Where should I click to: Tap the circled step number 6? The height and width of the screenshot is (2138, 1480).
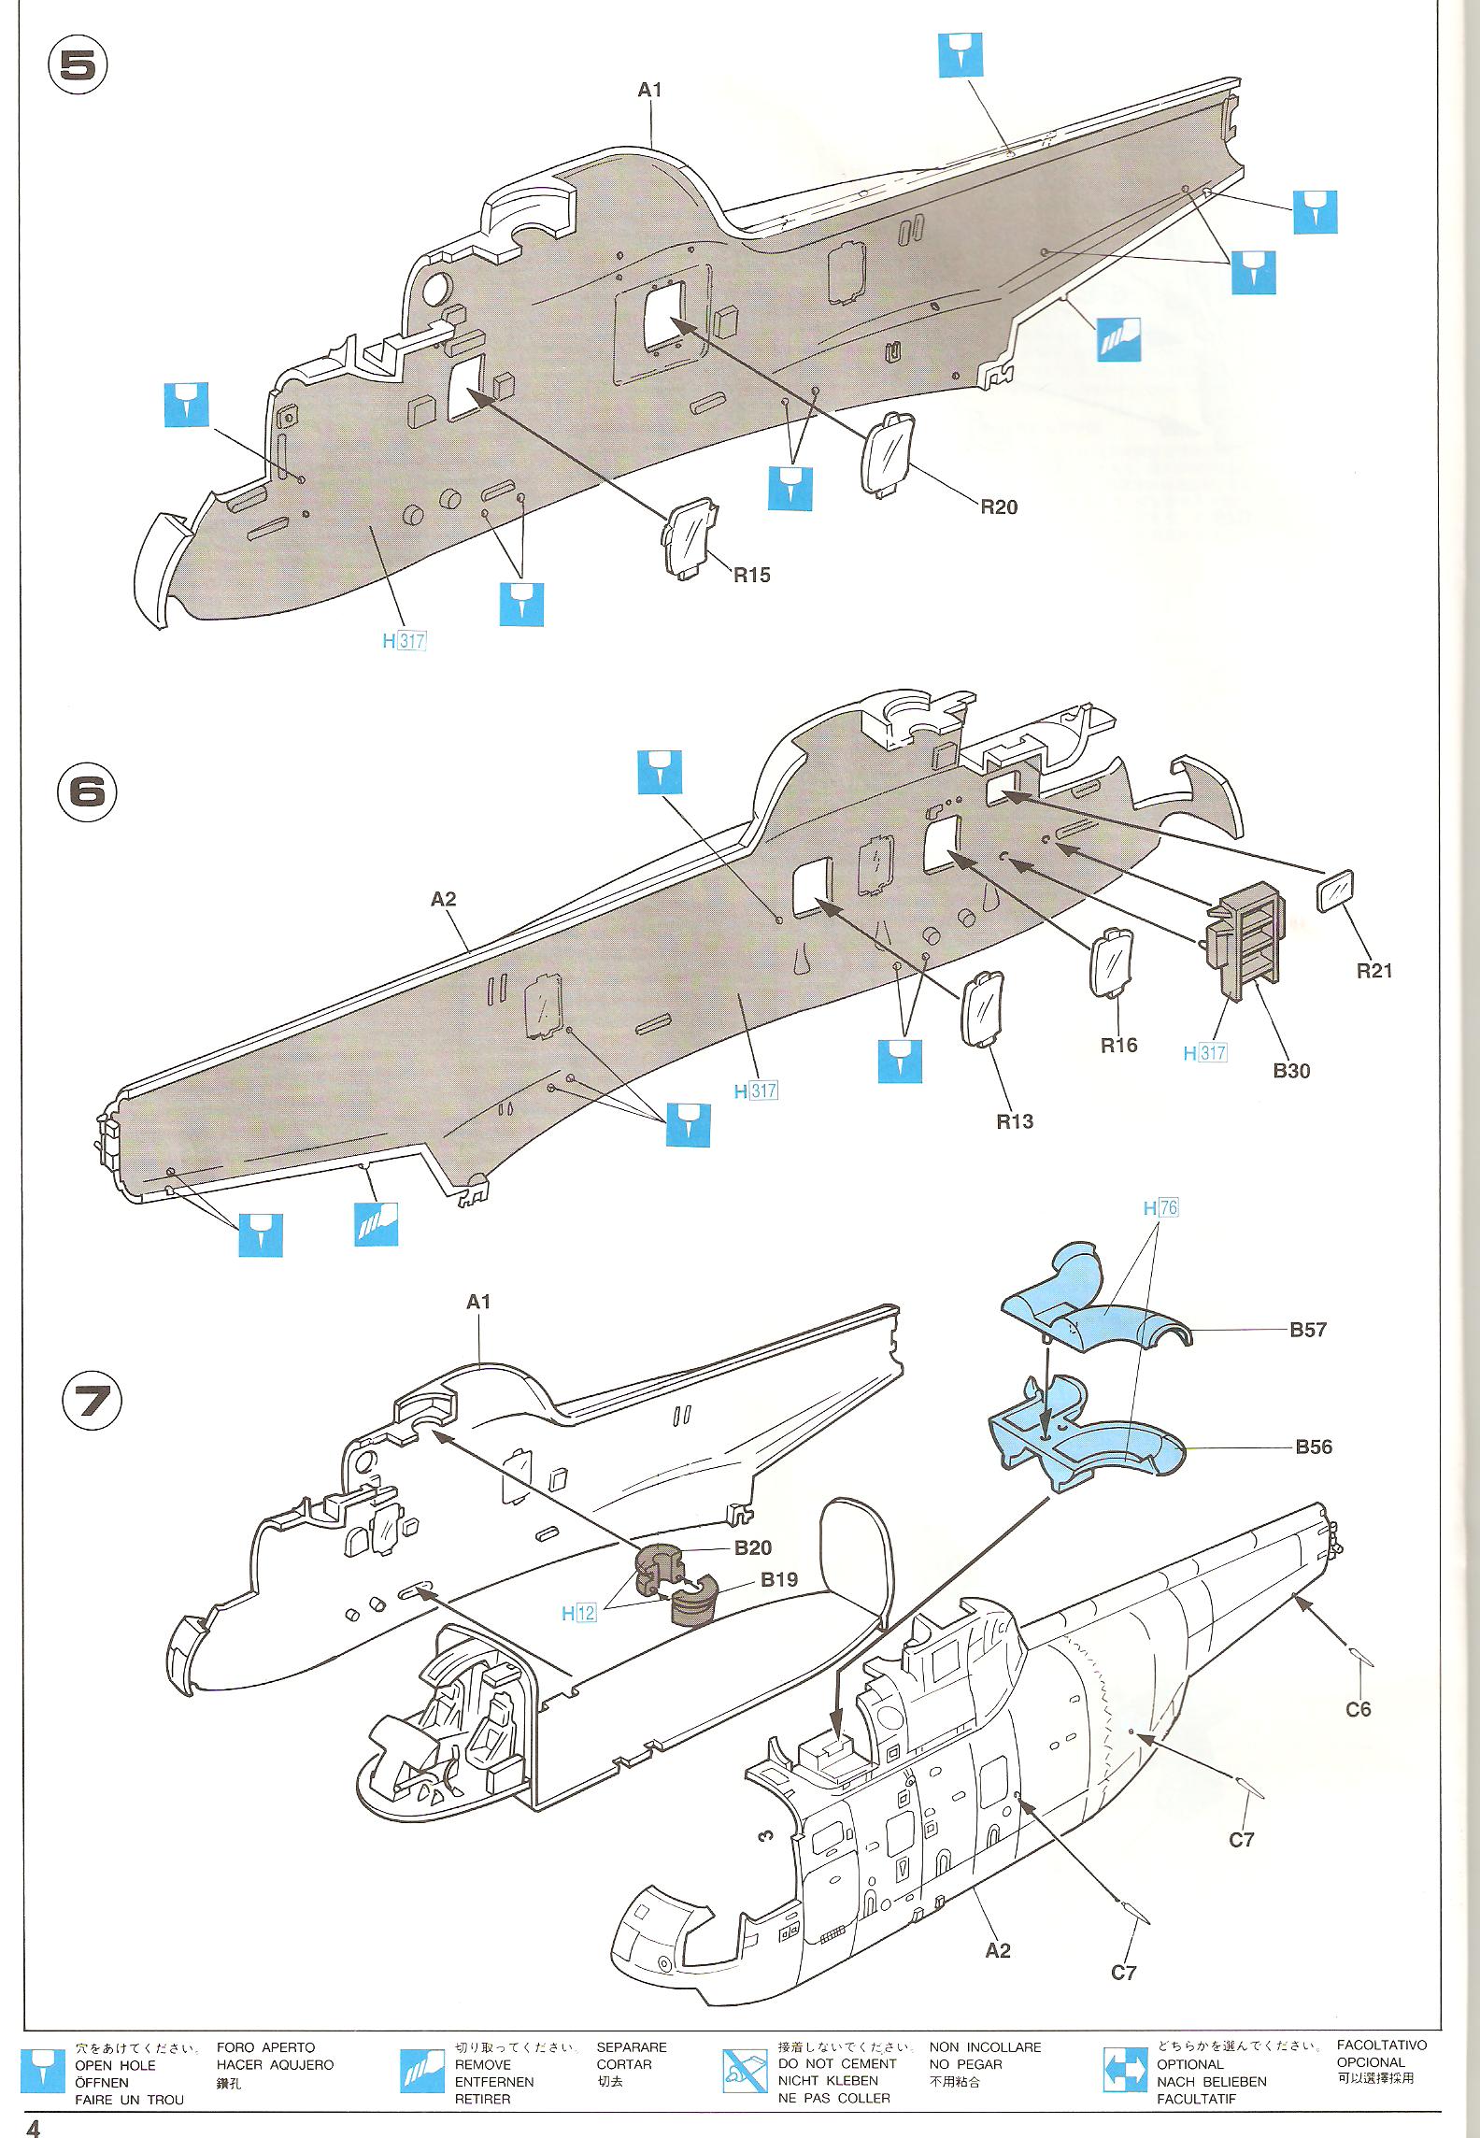pos(88,792)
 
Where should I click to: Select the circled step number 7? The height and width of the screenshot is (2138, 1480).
pos(92,1403)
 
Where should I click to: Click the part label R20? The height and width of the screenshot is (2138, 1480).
pos(998,507)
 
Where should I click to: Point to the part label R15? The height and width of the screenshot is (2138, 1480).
pos(751,576)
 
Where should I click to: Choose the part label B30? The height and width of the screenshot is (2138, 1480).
pos(1291,1071)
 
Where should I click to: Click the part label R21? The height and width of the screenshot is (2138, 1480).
pos(1373,971)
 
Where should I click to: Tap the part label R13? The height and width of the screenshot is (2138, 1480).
pos(1015,1121)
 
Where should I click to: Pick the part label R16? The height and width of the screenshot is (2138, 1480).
pos(1118,1046)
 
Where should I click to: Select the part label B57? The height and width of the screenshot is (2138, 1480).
pos(1308,1330)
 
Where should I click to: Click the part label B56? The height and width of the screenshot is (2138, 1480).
pos(1313,1447)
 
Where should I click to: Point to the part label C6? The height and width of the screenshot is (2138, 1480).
pos(1358,1709)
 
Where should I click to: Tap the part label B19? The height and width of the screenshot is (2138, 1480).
pos(779,1580)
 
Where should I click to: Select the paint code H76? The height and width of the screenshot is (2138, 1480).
pos(1160,1208)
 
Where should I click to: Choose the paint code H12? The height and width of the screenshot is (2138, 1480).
pos(578,1613)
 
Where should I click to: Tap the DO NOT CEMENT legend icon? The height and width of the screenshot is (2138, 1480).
pos(744,2068)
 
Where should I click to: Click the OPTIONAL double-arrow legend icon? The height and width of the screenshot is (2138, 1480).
pos(1125,2068)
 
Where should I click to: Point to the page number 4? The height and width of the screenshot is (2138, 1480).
pos(35,2122)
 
